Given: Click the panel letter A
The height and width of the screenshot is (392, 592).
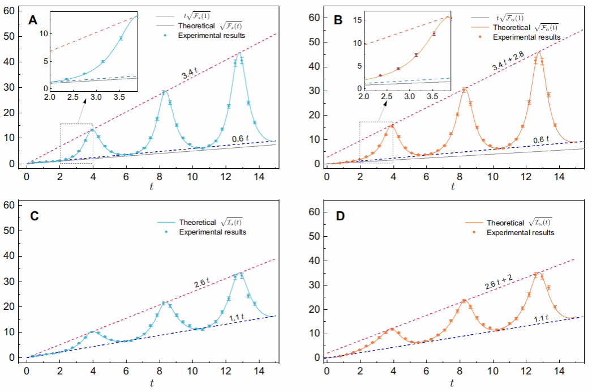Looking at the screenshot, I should tap(33, 21).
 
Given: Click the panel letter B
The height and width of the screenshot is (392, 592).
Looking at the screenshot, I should tap(338, 21).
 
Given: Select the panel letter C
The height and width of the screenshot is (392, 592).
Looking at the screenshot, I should tap(33, 216).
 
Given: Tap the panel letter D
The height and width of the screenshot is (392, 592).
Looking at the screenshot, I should tap(338, 216).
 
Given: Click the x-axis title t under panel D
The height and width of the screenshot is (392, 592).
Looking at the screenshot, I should tap(452, 384).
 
